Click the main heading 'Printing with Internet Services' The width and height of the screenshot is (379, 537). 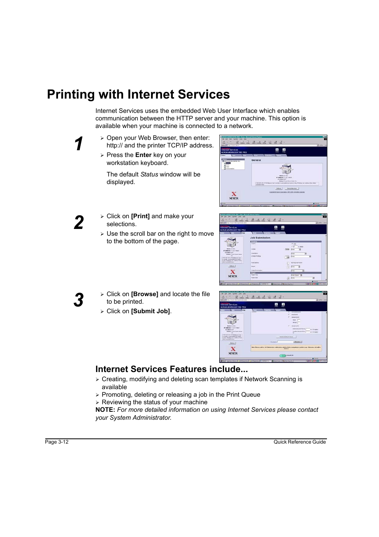point(138,95)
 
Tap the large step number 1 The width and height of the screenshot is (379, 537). point(79,144)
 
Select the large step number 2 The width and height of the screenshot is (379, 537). point(79,223)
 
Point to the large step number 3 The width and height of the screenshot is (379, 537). point(79,300)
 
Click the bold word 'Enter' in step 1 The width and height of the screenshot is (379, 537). point(143,155)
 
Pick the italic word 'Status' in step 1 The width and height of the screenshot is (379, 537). point(149,174)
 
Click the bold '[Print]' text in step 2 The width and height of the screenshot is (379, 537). point(140,216)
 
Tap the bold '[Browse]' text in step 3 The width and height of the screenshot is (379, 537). point(145,294)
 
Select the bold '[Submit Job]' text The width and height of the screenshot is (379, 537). point(151,311)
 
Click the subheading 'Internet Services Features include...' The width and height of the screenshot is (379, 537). point(171,369)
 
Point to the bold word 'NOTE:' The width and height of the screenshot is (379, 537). point(105,410)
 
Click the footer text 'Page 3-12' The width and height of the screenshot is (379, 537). point(57,442)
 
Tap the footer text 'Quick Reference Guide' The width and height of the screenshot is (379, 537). point(300,442)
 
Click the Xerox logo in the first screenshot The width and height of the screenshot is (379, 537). point(234,196)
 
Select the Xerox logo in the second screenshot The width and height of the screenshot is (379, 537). point(233,274)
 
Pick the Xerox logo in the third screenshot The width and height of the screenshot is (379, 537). point(233,351)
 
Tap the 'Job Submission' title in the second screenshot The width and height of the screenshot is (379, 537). point(260,238)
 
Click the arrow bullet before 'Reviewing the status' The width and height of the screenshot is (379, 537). point(97,403)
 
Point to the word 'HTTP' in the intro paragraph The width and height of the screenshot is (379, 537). point(184,118)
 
